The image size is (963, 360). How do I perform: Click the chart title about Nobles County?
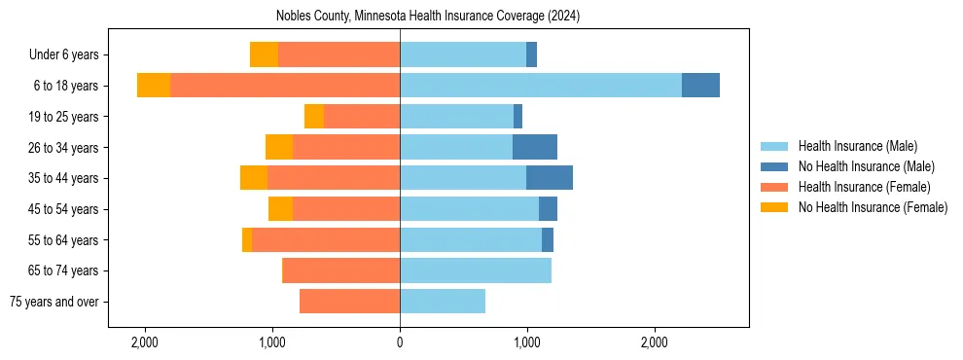427,16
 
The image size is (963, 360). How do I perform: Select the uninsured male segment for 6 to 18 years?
700,86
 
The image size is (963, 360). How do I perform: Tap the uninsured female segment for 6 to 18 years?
154,86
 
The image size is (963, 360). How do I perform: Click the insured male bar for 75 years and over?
443,302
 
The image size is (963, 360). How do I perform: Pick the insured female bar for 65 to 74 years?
340,270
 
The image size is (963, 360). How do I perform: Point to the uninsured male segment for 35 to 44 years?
550,178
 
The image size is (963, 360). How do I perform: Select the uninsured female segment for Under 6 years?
264,54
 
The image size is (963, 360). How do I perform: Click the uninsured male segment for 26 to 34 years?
535,147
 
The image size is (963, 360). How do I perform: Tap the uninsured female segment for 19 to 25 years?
314,117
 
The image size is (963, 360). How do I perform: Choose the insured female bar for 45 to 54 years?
346,209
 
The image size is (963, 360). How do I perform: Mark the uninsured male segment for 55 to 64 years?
548,239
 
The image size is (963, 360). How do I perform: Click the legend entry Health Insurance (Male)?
857,146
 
